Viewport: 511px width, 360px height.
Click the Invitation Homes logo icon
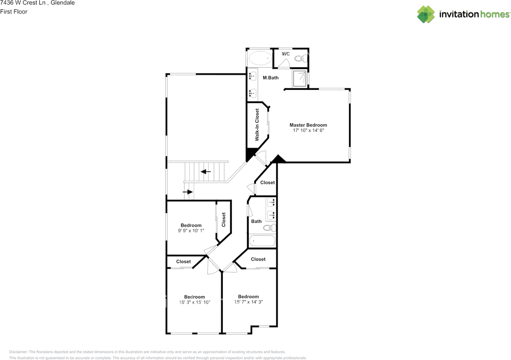(x=426, y=14)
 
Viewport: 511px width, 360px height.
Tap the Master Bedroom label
(x=308, y=125)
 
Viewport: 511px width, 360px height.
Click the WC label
(x=286, y=54)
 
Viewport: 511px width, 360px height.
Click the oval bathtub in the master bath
(x=259, y=59)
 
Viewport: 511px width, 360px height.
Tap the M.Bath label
(x=271, y=78)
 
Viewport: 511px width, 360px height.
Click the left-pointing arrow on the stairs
(x=206, y=172)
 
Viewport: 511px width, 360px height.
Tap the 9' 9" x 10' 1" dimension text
(x=191, y=231)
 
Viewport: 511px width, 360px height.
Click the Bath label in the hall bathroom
(x=256, y=221)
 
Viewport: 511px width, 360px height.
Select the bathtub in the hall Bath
(x=262, y=241)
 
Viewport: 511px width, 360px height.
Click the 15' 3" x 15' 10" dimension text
(x=194, y=303)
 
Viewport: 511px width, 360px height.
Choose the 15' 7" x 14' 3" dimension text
(x=248, y=302)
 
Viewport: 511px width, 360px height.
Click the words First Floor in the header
(x=14, y=12)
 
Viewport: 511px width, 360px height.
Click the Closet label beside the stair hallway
(x=267, y=182)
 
